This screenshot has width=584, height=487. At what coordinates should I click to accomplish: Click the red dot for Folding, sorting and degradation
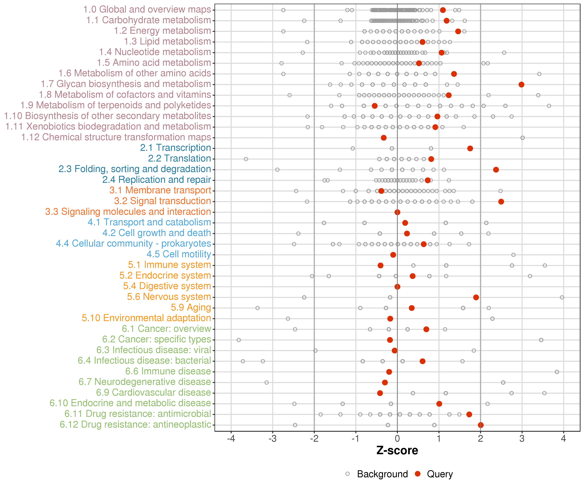496,170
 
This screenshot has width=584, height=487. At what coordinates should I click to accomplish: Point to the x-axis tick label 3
522,439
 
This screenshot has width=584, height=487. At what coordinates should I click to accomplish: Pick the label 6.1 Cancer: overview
166,329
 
